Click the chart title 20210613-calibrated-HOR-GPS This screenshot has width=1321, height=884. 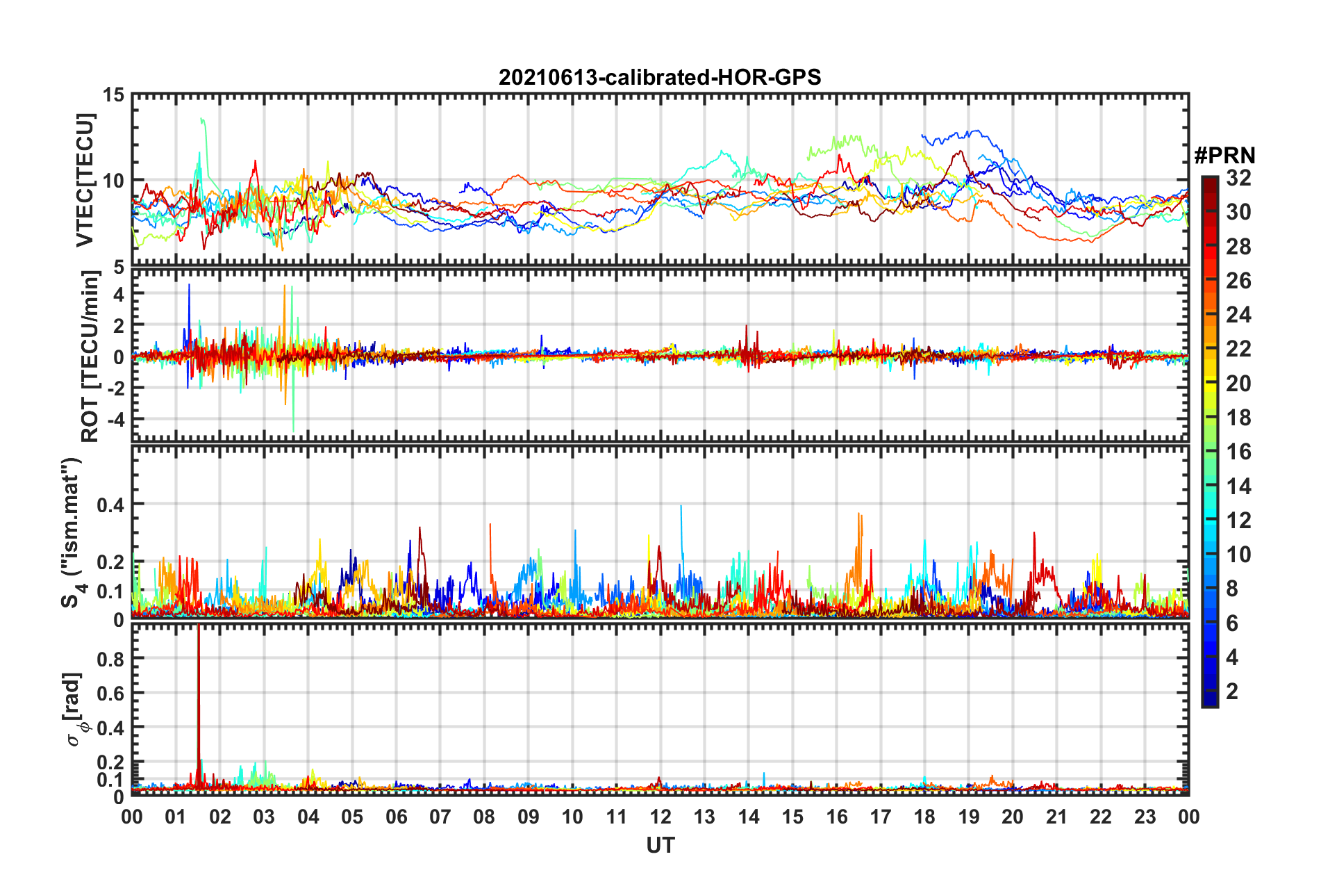660,77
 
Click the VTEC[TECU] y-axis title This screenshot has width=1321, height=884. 85,180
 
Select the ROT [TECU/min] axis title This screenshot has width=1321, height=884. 90,357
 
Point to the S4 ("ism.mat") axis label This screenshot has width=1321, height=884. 72,533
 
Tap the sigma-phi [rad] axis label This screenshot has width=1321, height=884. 74,709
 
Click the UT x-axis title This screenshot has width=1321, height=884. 660,845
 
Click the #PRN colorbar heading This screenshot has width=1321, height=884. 1224,155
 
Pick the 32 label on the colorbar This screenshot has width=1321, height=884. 1238,178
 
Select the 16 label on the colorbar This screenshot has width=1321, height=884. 1238,452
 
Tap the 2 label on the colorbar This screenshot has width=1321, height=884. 1232,691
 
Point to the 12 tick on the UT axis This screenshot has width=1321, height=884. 660,817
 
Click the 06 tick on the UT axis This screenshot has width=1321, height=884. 397,817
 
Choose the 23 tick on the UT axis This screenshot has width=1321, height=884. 1145,817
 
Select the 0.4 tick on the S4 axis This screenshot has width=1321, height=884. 110,505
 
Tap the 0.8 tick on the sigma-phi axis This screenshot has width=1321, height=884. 110,659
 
